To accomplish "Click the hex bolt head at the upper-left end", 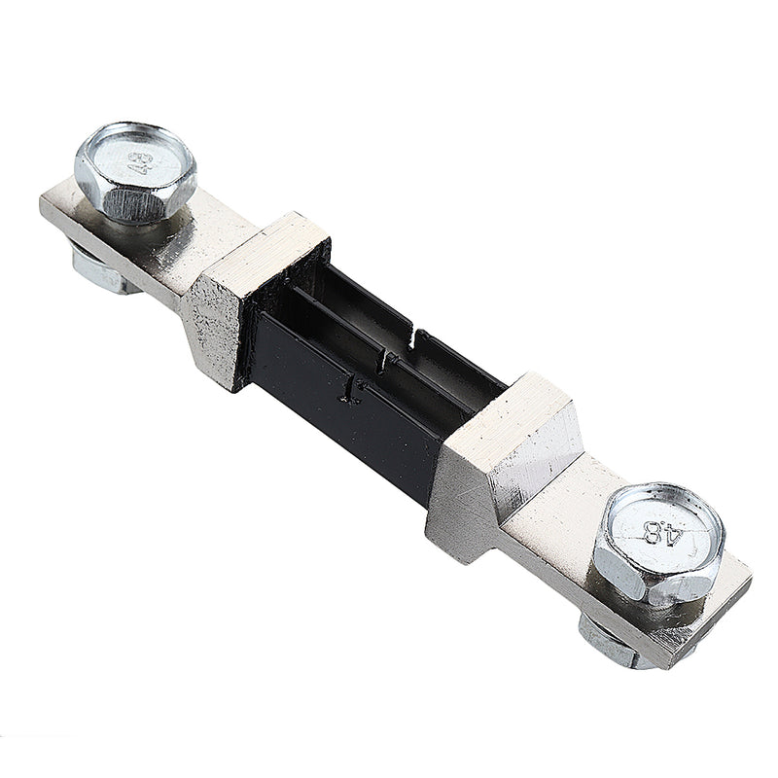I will [x=135, y=170].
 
